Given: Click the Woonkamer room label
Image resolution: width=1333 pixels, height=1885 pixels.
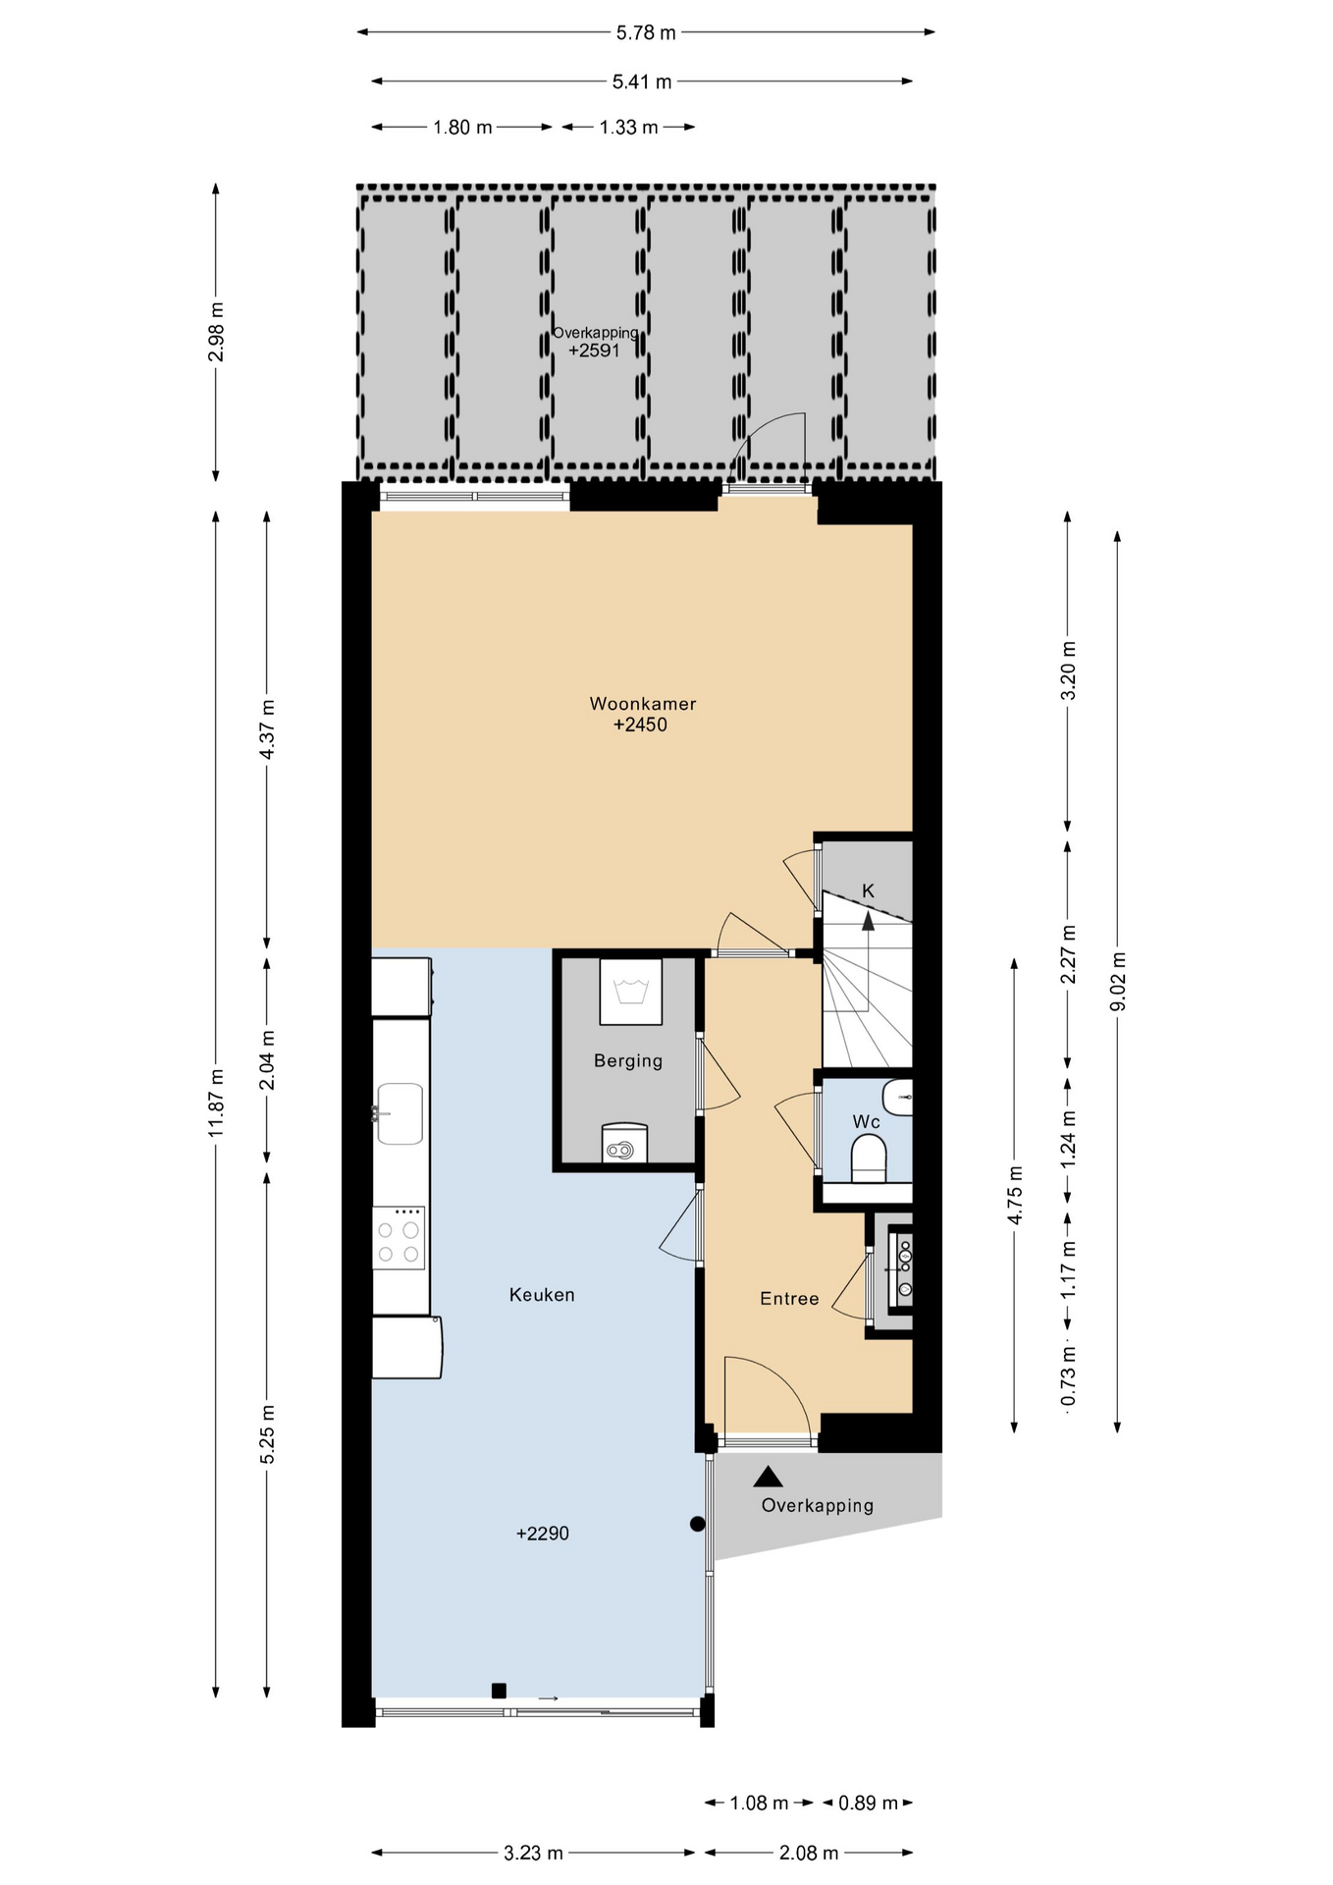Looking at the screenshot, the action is click(643, 704).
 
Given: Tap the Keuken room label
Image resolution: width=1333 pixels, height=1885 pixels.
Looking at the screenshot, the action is click(542, 1295).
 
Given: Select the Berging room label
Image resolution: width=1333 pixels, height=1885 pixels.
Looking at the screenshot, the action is click(628, 1061).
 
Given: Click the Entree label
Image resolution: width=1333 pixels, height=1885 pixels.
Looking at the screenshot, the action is click(789, 1299).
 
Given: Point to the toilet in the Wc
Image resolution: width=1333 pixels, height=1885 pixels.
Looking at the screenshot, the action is click(869, 1158).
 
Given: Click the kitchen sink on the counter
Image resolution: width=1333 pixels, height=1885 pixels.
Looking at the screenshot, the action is click(400, 1113).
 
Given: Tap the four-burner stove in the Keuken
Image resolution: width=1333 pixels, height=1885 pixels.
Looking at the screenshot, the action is click(399, 1238).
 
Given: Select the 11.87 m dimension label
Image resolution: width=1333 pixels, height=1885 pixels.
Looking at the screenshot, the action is click(217, 1103).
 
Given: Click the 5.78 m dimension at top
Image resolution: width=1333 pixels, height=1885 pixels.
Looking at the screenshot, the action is click(646, 32).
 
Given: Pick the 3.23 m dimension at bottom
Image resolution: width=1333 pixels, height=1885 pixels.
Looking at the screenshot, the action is click(533, 1854).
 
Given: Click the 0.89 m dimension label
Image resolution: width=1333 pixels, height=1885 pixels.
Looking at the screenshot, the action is click(868, 1803).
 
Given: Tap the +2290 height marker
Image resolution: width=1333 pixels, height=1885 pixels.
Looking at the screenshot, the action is click(543, 1534).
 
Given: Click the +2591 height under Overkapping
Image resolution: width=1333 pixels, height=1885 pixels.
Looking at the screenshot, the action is click(594, 350).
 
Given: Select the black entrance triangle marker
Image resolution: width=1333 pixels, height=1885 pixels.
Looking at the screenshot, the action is click(769, 1477).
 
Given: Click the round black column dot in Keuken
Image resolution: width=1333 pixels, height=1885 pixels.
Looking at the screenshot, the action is click(698, 1524).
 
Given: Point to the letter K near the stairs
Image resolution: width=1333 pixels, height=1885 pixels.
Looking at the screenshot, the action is click(868, 890).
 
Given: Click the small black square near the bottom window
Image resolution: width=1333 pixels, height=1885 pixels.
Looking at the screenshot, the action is click(499, 1691).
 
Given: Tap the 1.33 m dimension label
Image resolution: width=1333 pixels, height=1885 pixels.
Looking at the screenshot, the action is click(629, 128).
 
